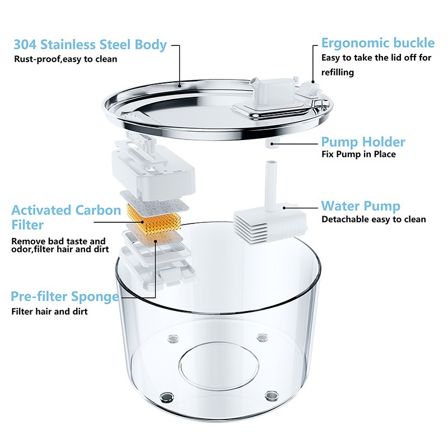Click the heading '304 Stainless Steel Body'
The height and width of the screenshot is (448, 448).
pyautogui.click(x=90, y=45)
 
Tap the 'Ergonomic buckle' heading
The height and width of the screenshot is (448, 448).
pyautogui.click(x=377, y=43)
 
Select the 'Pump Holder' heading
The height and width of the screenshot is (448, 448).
pyautogui.click(x=363, y=142)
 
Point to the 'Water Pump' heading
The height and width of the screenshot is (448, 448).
pyautogui.click(x=361, y=206)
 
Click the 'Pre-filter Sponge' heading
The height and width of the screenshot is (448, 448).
pyautogui.click(x=65, y=297)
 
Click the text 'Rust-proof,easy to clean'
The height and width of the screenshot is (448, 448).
pyautogui.click(x=66, y=59)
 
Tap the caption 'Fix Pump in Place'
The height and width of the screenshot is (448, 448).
pyautogui.click(x=358, y=155)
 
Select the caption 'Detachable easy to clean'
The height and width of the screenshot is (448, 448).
pyautogui.click(x=374, y=220)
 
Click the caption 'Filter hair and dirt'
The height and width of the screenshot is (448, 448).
pyautogui.click(x=49, y=311)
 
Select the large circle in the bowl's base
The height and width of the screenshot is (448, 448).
pyautogui.click(x=218, y=366)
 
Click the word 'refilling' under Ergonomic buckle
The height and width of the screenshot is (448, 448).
pyautogui.click(x=338, y=72)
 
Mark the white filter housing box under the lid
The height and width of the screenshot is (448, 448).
pyautogui.click(x=153, y=170)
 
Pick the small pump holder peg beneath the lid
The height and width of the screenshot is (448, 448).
pyautogui.click(x=272, y=143)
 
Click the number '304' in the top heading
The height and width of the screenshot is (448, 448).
pyautogui.click(x=25, y=45)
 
